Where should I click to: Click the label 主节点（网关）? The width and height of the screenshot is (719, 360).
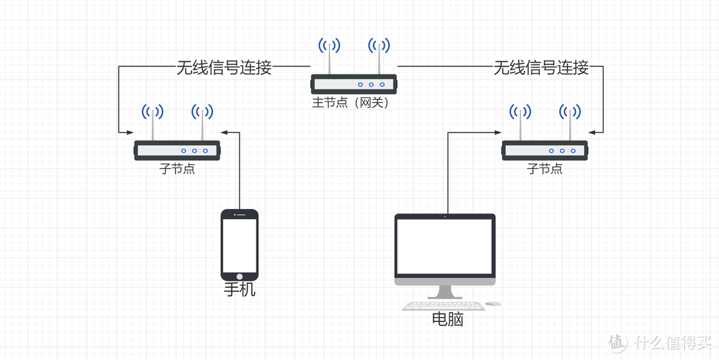tap(350, 103)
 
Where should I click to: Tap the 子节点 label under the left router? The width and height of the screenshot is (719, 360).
tap(177, 168)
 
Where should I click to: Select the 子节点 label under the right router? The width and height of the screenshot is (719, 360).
tap(545, 168)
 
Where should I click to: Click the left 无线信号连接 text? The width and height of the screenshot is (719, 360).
tap(224, 67)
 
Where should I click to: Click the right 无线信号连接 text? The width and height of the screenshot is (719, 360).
tap(541, 67)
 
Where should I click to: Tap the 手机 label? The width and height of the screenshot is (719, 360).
tap(240, 290)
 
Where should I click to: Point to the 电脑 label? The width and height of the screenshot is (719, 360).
tap(447, 319)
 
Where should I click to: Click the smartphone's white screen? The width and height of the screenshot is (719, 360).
tap(240, 244)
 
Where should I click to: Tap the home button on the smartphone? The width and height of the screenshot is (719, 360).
tap(240, 275)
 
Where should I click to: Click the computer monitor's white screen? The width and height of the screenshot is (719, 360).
tap(445, 246)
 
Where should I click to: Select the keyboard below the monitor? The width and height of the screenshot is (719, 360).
tap(443, 306)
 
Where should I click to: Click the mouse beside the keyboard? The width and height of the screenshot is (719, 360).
tap(493, 304)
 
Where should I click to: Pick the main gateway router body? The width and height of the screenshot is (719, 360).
tap(354, 84)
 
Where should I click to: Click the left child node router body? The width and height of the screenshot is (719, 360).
tap(177, 150)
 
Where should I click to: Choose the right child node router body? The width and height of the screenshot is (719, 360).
tap(545, 150)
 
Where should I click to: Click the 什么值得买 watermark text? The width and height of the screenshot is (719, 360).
tap(672, 343)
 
